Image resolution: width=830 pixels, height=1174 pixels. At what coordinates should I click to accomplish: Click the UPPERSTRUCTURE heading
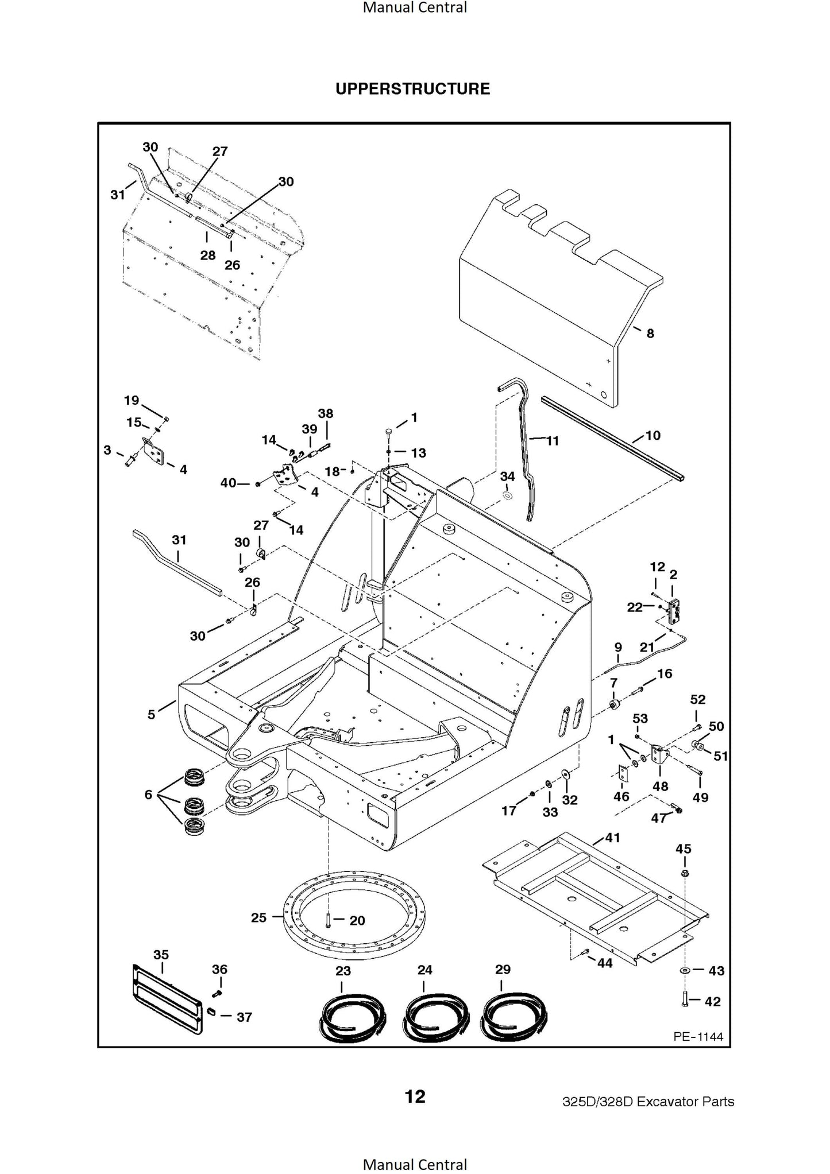point(412,89)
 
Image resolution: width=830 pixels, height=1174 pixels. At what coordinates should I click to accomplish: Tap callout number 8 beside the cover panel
point(650,334)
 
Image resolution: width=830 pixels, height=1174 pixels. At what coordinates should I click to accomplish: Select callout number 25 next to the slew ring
point(258,917)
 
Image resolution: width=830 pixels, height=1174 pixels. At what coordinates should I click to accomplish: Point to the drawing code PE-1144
point(698,1036)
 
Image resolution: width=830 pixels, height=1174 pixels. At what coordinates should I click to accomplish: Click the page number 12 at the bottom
point(415,1096)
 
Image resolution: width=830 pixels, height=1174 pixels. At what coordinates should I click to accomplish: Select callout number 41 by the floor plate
point(613,838)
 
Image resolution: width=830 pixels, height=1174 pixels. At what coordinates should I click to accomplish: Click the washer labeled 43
point(685,970)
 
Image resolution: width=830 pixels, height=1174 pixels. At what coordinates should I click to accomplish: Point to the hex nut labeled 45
point(684,874)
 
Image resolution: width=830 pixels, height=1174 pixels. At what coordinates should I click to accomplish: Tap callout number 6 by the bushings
point(148,795)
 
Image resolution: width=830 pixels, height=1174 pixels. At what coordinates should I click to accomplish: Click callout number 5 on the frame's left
point(151,715)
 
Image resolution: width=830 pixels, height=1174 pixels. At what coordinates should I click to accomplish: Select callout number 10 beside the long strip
point(653,435)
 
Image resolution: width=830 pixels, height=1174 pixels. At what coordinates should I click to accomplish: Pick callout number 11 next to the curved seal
point(552,441)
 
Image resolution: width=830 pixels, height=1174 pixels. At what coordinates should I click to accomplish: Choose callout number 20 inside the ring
point(357,920)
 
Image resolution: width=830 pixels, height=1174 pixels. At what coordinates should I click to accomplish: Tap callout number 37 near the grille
point(244,1017)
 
